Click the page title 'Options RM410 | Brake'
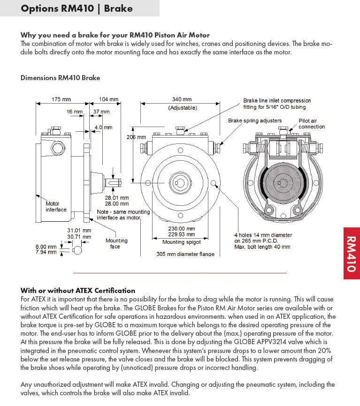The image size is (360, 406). (77, 8)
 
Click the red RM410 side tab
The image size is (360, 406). (352, 253)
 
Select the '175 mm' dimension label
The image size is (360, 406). (61, 100)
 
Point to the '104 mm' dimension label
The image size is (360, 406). (109, 100)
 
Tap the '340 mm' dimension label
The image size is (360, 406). (182, 100)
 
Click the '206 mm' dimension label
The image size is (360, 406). (136, 137)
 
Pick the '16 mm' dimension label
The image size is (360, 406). (74, 112)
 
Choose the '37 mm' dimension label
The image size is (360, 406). (101, 112)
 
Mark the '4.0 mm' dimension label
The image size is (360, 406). (104, 128)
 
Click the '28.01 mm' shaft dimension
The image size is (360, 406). (116, 198)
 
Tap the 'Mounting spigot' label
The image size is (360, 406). (182, 242)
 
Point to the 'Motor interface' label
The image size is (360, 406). (55, 207)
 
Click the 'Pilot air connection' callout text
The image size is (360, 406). (312, 124)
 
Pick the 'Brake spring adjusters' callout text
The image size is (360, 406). (255, 121)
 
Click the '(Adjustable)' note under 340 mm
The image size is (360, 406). (183, 108)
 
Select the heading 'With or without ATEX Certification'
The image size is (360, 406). (78, 291)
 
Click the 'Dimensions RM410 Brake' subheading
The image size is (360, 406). (60, 78)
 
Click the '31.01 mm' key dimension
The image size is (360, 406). (79, 231)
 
